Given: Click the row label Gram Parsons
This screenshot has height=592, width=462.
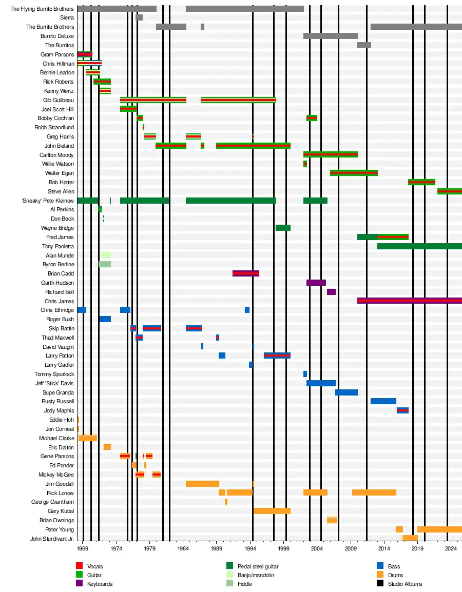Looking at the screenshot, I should click(x=57, y=54).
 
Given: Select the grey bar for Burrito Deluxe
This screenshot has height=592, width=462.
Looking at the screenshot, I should click(x=330, y=36).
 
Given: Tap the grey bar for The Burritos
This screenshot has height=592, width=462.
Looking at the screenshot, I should click(x=364, y=45).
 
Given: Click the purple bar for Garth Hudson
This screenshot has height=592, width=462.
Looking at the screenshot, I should click(x=316, y=283).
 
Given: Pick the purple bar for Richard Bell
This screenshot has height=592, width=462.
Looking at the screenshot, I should click(x=331, y=292).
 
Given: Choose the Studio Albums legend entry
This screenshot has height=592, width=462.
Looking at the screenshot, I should click(x=405, y=584).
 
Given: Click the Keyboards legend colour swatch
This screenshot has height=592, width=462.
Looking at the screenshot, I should click(x=79, y=584).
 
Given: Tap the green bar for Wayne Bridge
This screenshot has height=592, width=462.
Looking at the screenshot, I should click(x=283, y=228).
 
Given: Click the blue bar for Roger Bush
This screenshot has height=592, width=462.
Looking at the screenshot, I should click(x=105, y=319).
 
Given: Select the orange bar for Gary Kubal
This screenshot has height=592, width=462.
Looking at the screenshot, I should click(x=272, y=511).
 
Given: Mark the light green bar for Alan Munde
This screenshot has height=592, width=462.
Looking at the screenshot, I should click(x=106, y=255).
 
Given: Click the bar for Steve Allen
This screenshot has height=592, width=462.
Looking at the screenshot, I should click(x=449, y=191).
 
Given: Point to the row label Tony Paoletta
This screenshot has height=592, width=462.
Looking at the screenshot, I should click(x=58, y=246).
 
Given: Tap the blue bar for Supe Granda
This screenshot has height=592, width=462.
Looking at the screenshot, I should click(x=346, y=392).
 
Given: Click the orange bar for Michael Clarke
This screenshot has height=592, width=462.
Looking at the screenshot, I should click(x=87, y=438).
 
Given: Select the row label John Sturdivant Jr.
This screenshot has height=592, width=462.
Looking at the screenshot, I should click(x=52, y=539).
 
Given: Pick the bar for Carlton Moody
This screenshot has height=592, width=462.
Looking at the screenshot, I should click(x=330, y=154).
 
